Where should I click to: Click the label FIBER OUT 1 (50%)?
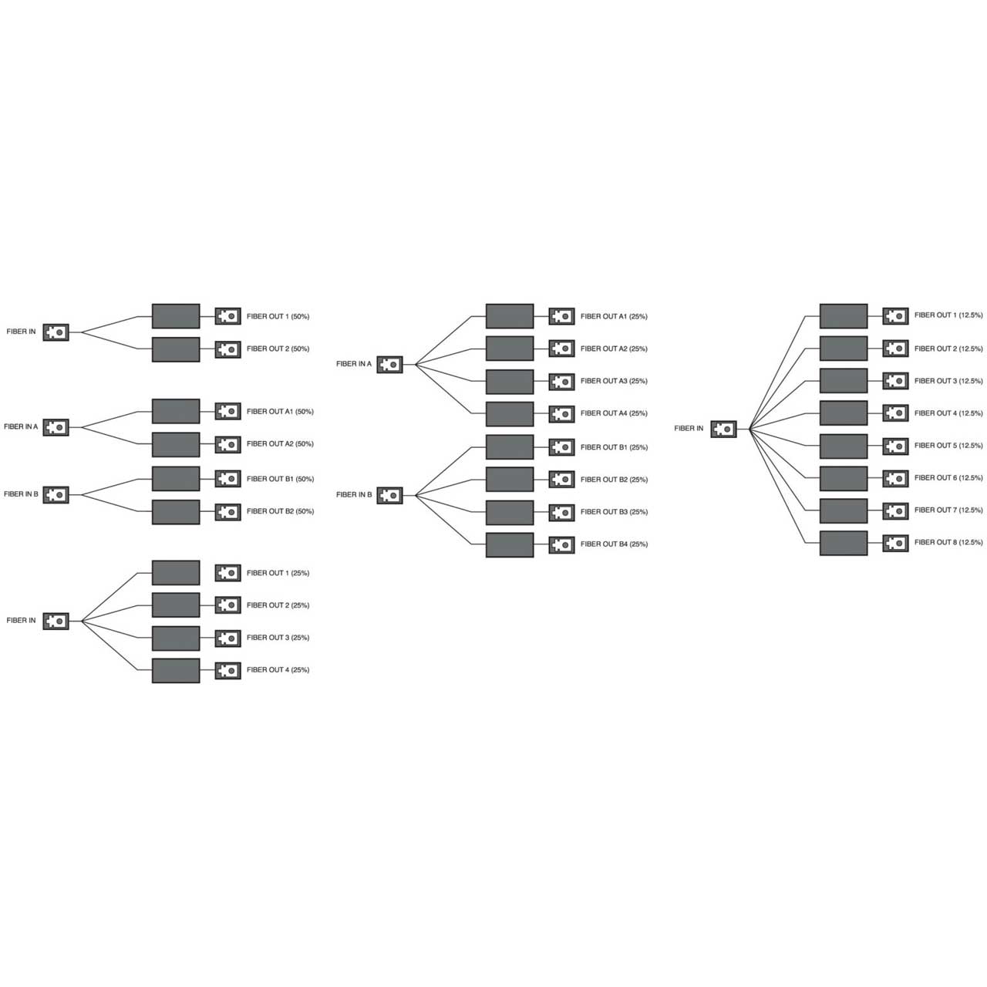coord(278,316)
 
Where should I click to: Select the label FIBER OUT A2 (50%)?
coord(280,444)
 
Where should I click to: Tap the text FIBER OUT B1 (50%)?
coord(280,479)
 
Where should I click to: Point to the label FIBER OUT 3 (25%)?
coord(278,638)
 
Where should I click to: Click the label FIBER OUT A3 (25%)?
coord(614,381)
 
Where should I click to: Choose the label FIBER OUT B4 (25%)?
coord(614,544)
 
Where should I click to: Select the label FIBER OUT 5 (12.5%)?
coord(948,446)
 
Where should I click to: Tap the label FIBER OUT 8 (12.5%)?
coord(948,543)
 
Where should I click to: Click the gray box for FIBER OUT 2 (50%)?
coord(176,349)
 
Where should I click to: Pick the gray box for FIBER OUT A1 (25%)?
coord(510,316)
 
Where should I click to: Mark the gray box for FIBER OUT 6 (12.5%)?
coord(844,478)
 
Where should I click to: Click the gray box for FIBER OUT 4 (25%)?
coord(176,670)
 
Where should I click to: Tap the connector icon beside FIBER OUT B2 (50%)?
coord(227,512)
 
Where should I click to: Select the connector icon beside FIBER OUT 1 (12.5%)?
coord(895,316)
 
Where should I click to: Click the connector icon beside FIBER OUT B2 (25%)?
coord(561,480)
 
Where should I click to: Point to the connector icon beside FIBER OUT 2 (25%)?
coord(227,606)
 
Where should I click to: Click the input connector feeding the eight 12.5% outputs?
coord(723,429)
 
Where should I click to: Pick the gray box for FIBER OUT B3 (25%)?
coord(510,512)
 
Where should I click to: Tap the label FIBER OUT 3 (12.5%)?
coord(948,381)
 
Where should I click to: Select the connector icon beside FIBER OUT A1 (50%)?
coord(227,412)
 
